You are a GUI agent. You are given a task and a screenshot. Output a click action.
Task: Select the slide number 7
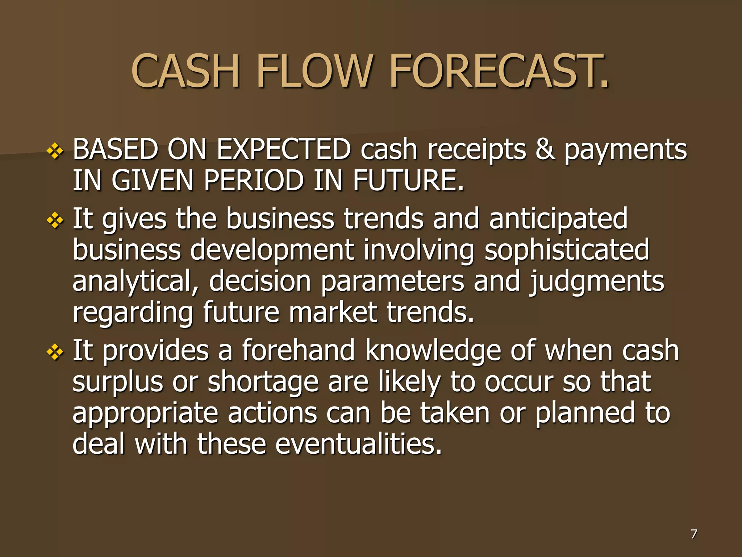(693, 534)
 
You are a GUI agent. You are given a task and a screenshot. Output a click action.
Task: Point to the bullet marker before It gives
(55, 220)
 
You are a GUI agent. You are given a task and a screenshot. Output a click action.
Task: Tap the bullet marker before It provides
(55, 352)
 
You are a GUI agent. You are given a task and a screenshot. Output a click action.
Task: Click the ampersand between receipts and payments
(545, 149)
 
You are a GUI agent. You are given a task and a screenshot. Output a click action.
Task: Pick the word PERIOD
(253, 180)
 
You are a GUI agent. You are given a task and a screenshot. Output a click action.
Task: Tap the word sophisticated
(567, 250)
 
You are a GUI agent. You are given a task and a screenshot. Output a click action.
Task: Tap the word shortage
(263, 382)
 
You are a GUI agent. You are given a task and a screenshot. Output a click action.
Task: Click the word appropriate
(145, 414)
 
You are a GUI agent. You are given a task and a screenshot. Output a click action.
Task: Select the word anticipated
(558, 219)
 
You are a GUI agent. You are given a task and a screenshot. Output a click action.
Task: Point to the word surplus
(118, 382)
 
